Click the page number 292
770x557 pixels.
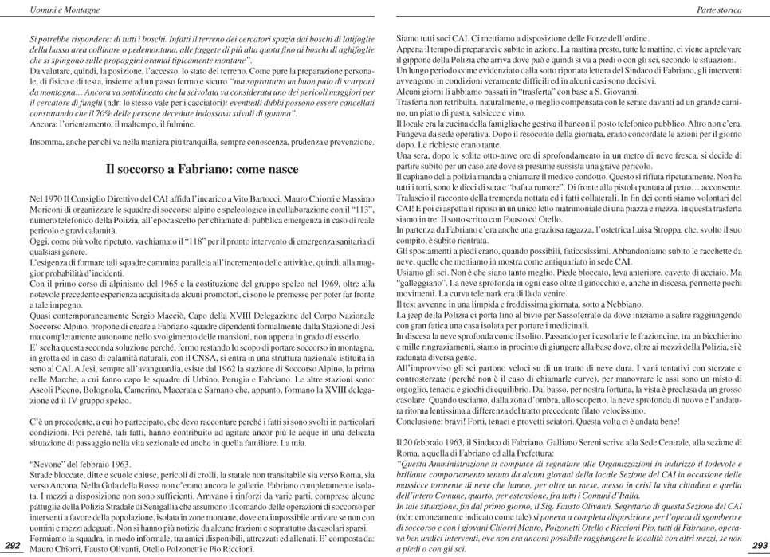point(13,545)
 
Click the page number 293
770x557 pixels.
point(759,545)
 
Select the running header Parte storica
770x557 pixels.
point(720,10)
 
